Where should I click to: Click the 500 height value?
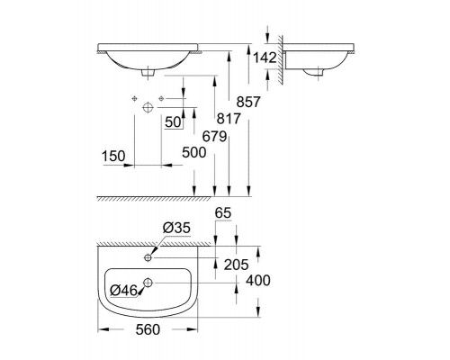pos(193,152)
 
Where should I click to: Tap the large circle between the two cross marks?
pos(148,106)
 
